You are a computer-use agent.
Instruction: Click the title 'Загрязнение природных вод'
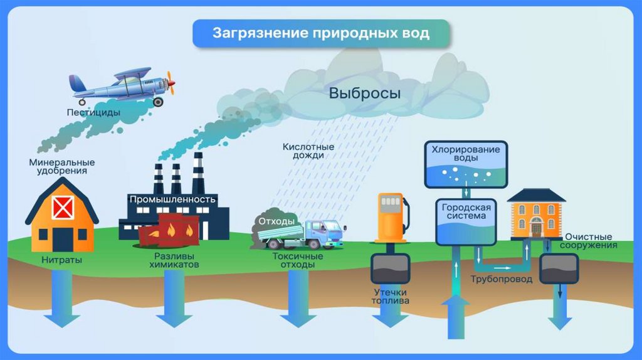pyautogui.click(x=320, y=33)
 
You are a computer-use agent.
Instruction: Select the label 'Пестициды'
pyautogui.click(x=94, y=113)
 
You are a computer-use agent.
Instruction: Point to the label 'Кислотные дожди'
pyautogui.click(x=308, y=151)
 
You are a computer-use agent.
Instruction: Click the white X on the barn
pyautogui.click(x=63, y=206)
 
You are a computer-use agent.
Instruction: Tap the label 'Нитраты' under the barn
pyautogui.click(x=62, y=259)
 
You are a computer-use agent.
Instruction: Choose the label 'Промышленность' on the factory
pyautogui.click(x=173, y=199)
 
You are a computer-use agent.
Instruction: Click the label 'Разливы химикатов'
pyautogui.click(x=174, y=261)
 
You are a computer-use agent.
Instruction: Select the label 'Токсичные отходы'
pyautogui.click(x=297, y=261)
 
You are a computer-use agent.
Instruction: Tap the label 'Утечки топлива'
pyautogui.click(x=391, y=297)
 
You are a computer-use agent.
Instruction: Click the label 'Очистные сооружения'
pyautogui.click(x=590, y=241)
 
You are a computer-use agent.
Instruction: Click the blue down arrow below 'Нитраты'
pyautogui.click(x=61, y=301)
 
